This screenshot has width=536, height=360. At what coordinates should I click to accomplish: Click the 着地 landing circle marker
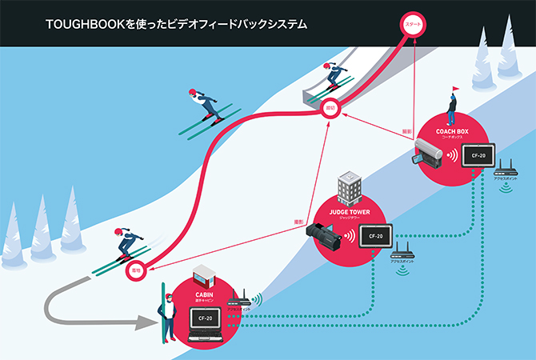click(x=137, y=270)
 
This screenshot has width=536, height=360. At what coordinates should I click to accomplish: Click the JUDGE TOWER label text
click(x=350, y=211)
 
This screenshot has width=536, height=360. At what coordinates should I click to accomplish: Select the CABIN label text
click(x=203, y=294)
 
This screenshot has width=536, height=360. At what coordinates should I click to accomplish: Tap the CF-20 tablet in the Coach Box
click(x=478, y=155)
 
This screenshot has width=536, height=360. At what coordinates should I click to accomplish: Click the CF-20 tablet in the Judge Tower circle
click(x=376, y=236)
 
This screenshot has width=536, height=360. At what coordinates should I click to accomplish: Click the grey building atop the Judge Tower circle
click(x=350, y=187)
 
